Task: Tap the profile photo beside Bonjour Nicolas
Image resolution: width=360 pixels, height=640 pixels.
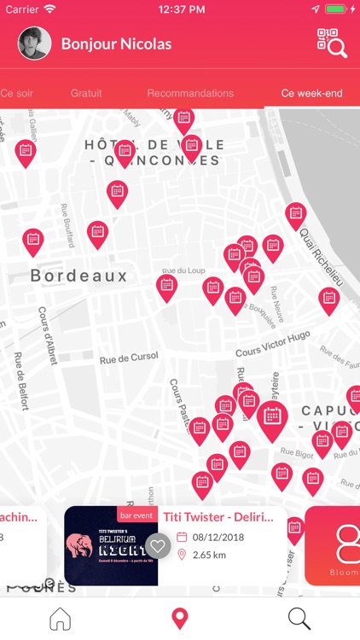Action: coord(34,44)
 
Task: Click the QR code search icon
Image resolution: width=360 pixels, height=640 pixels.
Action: coord(332,44)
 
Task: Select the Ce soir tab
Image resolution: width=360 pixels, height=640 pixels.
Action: coord(17,93)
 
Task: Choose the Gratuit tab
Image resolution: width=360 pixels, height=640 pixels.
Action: coord(86,93)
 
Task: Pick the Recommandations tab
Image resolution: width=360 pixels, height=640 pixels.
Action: coord(189,93)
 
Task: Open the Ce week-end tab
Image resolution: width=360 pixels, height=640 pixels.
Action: coord(311,93)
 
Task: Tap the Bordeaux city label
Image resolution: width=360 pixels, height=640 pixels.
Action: coord(78,276)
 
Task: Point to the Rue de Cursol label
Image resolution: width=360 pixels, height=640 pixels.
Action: coord(129,359)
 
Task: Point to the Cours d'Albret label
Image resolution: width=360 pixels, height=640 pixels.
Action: coord(48,336)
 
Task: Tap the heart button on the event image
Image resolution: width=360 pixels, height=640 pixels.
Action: coord(157,545)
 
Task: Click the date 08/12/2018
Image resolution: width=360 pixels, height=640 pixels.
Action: coord(218,537)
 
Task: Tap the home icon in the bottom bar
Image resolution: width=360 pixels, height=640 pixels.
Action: coord(60,619)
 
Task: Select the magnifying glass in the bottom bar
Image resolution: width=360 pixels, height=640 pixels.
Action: coord(299,619)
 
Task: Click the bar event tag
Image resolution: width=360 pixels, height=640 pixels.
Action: coord(136,515)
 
